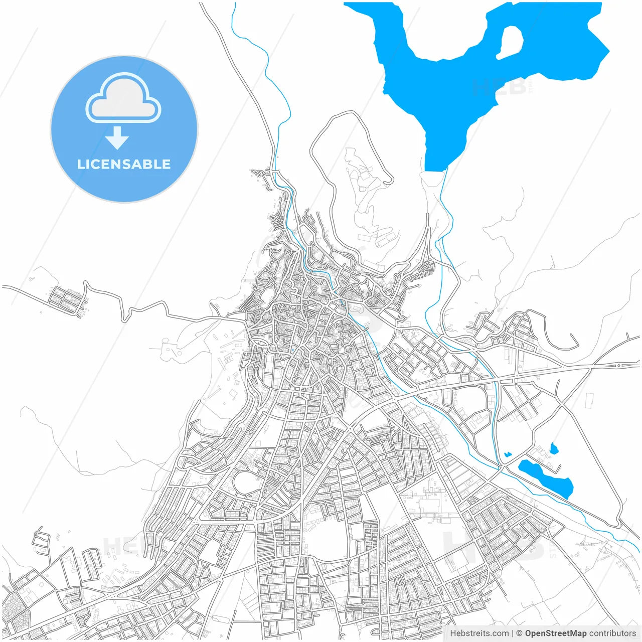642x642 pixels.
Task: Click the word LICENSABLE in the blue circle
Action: point(124,165)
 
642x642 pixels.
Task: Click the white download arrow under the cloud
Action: point(117,138)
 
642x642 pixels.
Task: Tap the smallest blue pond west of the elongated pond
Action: point(508,454)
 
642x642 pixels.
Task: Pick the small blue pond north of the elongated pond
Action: point(554,448)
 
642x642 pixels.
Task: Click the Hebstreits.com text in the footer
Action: point(479,633)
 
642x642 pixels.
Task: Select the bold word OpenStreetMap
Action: point(556,633)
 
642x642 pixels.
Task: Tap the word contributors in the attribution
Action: point(612,633)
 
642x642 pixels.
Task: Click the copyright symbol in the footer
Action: point(520,633)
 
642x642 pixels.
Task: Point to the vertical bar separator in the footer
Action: point(513,633)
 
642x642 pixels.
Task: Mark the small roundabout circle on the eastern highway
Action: point(618,365)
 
